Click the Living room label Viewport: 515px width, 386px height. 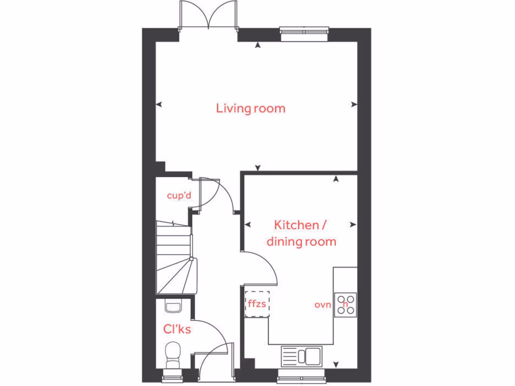(x=250, y=108)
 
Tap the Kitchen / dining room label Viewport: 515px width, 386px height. (x=301, y=233)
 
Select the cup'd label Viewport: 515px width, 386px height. (x=179, y=196)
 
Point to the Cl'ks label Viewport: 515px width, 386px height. (x=177, y=329)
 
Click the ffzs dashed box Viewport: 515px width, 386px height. (x=257, y=304)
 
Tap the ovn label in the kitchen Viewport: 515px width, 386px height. (x=323, y=305)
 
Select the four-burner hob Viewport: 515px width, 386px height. (x=346, y=304)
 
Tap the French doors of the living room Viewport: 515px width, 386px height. (x=208, y=18)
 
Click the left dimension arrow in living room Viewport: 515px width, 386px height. (x=159, y=105)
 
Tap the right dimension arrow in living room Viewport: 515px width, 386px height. (x=354, y=105)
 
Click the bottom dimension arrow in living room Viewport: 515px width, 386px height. (x=258, y=167)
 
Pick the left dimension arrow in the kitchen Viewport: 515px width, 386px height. (x=247, y=225)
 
